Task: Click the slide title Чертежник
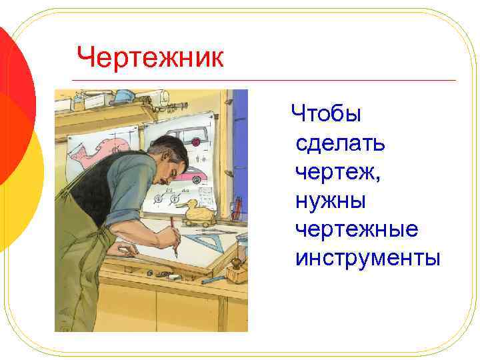150,57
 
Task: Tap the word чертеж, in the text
337,171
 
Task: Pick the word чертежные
357,229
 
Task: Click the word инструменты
367,257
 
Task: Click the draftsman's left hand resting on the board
124,249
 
